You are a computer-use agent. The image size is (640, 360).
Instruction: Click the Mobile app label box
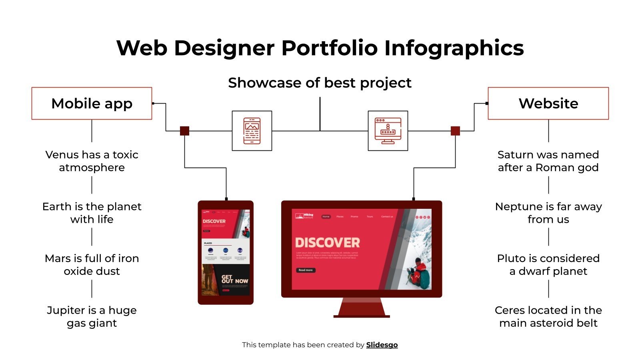click(92, 103)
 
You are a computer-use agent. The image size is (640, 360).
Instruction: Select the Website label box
click(548, 103)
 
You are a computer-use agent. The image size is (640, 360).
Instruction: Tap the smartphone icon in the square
click(252, 131)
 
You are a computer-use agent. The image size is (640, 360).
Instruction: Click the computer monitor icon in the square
click(388, 131)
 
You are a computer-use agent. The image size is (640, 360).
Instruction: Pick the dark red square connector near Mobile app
click(184, 131)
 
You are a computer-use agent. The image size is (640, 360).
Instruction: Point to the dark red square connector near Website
click(455, 131)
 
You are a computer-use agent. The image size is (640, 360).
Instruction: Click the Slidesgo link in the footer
click(382, 345)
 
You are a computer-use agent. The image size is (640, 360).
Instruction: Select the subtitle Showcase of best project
click(320, 83)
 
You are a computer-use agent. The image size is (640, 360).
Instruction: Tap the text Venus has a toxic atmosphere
click(92, 161)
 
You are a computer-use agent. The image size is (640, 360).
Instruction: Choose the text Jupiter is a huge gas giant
click(92, 316)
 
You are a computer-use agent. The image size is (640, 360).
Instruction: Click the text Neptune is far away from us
click(548, 213)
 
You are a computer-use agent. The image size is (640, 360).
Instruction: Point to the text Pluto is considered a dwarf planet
click(548, 264)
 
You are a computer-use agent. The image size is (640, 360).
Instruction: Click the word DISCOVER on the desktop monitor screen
click(327, 243)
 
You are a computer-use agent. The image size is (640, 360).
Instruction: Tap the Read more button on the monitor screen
click(306, 270)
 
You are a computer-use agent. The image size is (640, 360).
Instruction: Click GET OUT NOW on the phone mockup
click(235, 279)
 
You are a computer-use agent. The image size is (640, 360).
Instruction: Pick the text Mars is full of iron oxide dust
click(92, 264)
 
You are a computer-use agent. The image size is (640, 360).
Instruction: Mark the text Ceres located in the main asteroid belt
click(548, 316)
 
